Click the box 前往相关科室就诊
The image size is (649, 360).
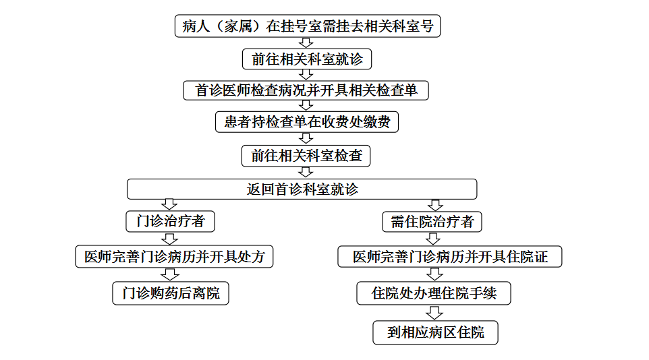click(307, 59)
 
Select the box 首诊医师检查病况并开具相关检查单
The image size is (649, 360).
click(306, 90)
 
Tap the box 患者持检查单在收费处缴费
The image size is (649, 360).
click(307, 121)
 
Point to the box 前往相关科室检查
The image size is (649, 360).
click(306, 156)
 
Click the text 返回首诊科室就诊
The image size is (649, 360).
click(302, 189)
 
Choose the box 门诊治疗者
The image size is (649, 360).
click(170, 221)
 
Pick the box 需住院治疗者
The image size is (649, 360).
click(432, 221)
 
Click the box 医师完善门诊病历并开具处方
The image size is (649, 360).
click(174, 257)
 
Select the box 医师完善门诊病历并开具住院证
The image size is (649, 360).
click(450, 257)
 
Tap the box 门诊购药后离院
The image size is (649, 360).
click(171, 293)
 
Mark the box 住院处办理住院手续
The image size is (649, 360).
click(434, 293)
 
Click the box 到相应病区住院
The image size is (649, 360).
click(435, 332)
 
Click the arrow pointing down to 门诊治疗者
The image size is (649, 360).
click(169, 204)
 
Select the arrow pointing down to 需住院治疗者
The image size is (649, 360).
click(435, 205)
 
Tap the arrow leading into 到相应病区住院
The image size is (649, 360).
click(434, 313)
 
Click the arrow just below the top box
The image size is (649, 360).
click(306, 43)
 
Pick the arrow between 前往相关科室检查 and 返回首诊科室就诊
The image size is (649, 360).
click(306, 172)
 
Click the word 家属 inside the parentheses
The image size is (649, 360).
click(238, 26)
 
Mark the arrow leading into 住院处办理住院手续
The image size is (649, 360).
click(434, 274)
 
